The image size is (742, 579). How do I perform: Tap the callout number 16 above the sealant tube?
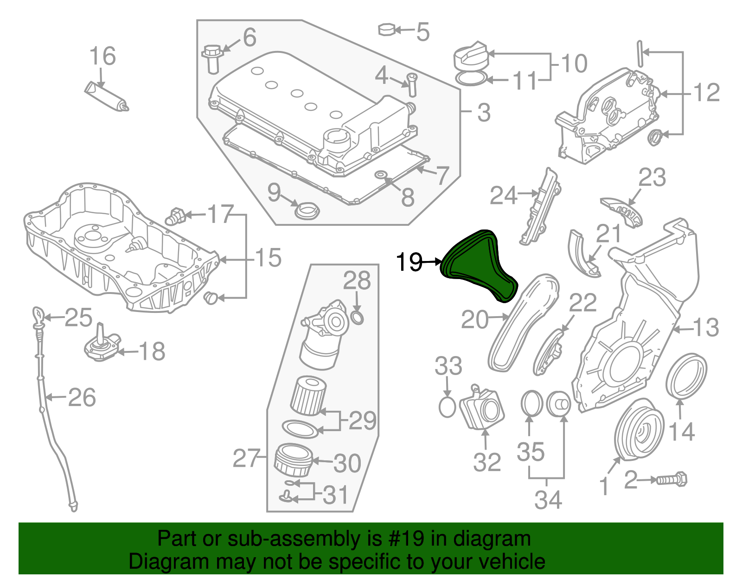[x=102, y=56]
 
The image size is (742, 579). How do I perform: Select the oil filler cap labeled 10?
[x=469, y=57]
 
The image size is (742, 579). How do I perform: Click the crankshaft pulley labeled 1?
[x=638, y=431]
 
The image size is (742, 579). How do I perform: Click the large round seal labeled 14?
[x=686, y=375]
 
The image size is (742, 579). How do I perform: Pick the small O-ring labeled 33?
[x=447, y=407]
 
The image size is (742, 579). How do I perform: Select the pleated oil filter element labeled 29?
[x=308, y=396]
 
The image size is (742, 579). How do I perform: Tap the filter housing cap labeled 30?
[x=293, y=460]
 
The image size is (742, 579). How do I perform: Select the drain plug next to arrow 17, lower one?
[x=211, y=298]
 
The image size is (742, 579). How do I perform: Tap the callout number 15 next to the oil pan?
[x=268, y=258]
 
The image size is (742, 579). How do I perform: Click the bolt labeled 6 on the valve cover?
[x=212, y=57]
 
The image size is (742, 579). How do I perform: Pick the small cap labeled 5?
[x=386, y=30]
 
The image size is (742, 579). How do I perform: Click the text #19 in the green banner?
[x=404, y=539]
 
